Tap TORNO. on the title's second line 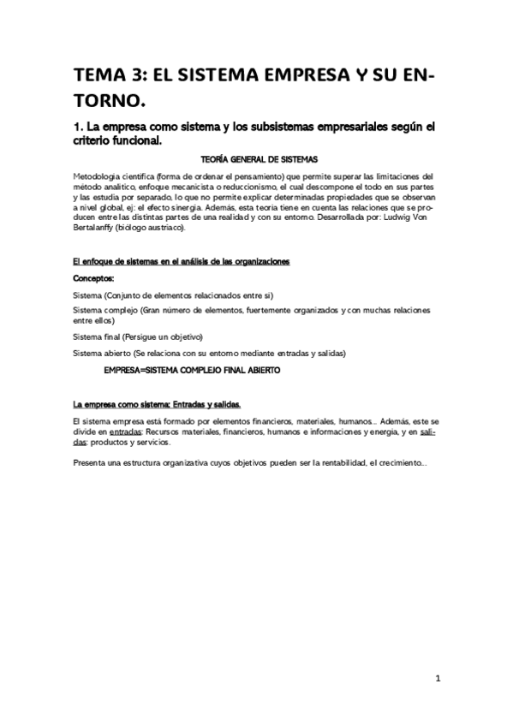(x=107, y=102)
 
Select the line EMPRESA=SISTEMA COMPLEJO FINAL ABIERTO (x=191, y=371)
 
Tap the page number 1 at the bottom (x=438, y=679)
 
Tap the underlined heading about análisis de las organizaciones (x=182, y=260)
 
